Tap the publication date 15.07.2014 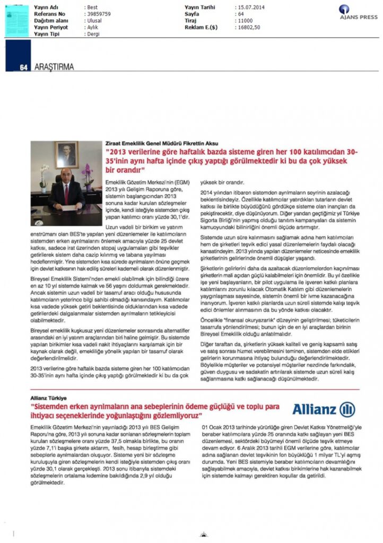click(250, 6)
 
